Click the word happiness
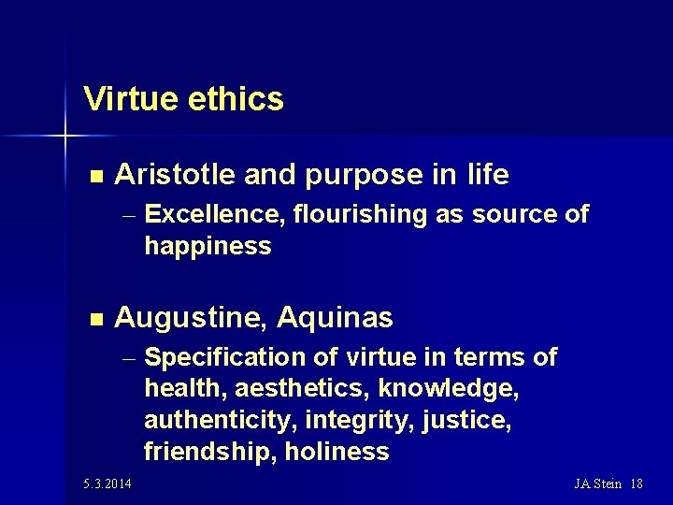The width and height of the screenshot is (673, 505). tap(208, 246)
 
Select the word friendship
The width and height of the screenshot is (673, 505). tap(209, 452)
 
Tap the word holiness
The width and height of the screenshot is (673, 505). tap(336, 452)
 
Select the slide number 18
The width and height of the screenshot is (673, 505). tap(637, 483)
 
